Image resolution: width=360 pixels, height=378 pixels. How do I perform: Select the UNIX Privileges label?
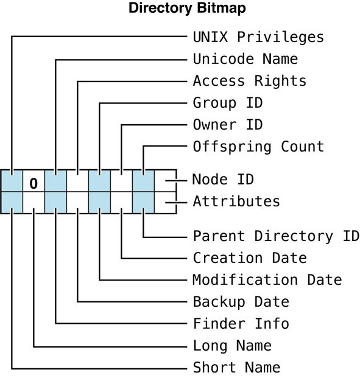(258, 37)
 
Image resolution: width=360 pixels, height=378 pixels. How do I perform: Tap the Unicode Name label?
(245, 59)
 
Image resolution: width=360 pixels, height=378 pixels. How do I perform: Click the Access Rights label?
(250, 81)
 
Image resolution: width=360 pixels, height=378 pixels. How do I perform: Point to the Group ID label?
(228, 103)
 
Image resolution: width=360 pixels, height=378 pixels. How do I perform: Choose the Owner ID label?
(228, 125)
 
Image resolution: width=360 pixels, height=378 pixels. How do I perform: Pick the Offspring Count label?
(258, 147)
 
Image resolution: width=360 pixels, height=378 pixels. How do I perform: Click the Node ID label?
(223, 180)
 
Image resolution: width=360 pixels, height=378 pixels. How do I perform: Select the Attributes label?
(236, 201)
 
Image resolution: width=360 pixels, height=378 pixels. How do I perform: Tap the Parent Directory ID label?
(276, 236)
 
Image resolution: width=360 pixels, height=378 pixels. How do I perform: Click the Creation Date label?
(250, 257)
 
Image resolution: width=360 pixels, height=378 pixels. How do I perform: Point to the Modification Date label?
(267, 279)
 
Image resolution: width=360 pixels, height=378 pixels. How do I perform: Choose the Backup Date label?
(241, 301)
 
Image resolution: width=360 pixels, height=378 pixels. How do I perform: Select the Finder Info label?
(241, 323)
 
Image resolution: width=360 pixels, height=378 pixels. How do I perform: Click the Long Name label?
(232, 345)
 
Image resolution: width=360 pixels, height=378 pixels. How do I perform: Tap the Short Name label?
(236, 367)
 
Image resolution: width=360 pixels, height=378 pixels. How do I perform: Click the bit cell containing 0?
(34, 181)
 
